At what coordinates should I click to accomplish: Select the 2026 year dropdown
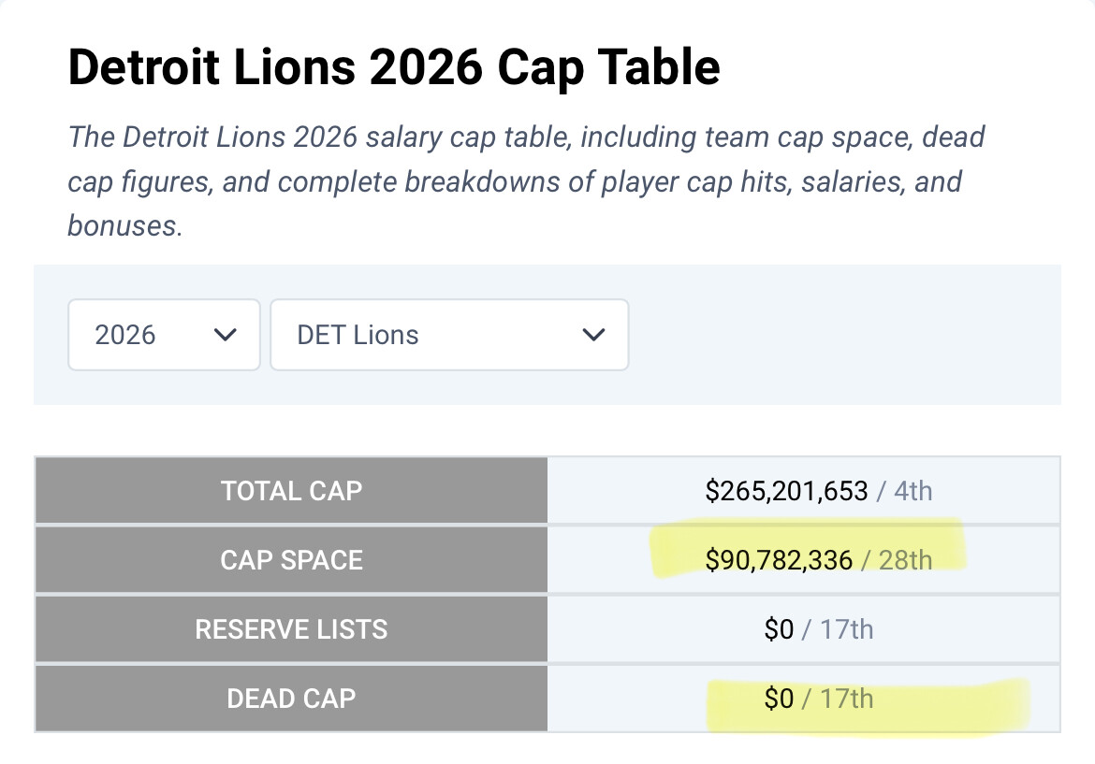click(164, 335)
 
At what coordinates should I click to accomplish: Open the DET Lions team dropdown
click(449, 335)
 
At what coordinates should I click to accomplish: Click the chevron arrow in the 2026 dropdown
click(225, 335)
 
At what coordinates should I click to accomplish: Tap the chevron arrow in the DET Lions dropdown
click(593, 335)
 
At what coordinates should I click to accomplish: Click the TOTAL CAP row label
click(291, 491)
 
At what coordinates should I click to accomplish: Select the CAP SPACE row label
click(291, 560)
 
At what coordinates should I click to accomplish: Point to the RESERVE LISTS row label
click(291, 629)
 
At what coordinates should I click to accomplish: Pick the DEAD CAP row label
click(291, 698)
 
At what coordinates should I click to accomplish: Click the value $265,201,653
click(787, 491)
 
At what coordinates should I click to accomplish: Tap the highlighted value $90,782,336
click(780, 560)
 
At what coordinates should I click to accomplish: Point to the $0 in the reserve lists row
click(779, 629)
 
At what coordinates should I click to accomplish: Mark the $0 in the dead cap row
click(779, 699)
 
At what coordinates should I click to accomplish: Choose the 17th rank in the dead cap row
click(846, 699)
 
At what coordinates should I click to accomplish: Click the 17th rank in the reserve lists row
click(846, 629)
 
